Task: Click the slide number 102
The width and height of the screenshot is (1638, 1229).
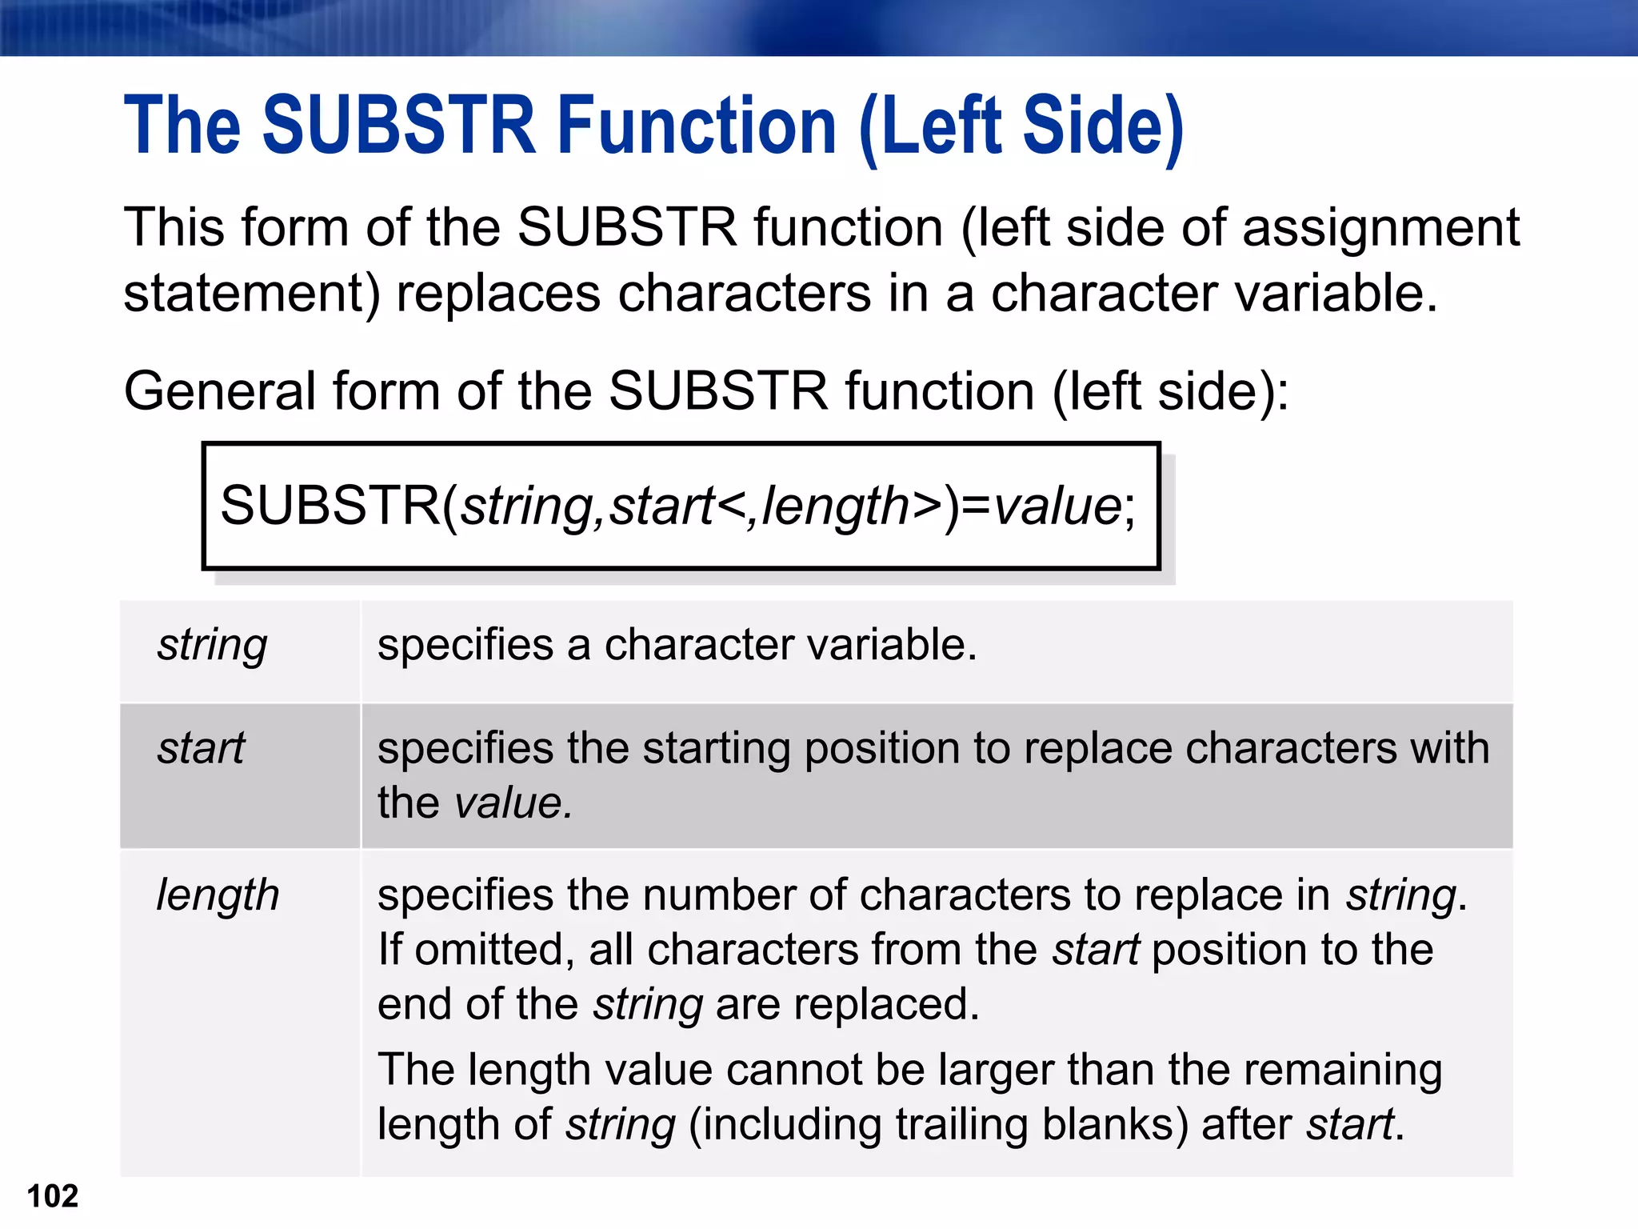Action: pyautogui.click(x=53, y=1196)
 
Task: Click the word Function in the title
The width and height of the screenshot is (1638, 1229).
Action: pyautogui.click(x=697, y=126)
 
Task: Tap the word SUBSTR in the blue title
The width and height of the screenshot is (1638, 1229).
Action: pyautogui.click(x=399, y=126)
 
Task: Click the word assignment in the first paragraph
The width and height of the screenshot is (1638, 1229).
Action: pyautogui.click(x=1380, y=228)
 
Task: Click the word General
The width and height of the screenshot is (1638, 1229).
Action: pyautogui.click(x=220, y=392)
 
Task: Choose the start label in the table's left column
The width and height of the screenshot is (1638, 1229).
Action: pyautogui.click(x=201, y=749)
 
